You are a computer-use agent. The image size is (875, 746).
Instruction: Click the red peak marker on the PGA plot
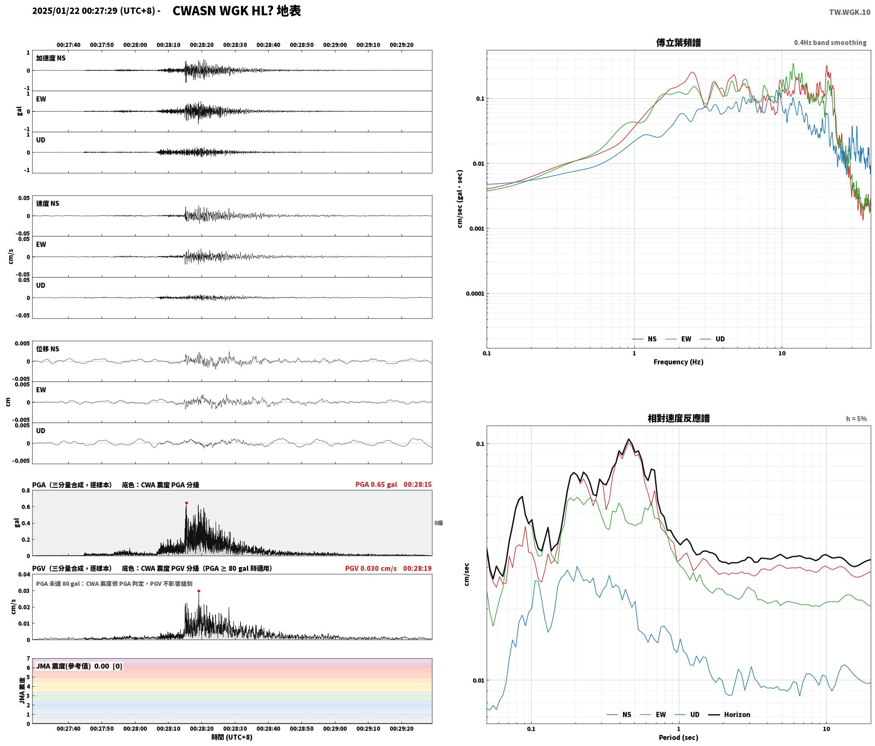[186, 503]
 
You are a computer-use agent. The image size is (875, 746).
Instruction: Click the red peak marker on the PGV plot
[199, 591]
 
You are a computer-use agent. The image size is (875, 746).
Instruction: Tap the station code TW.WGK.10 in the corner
[850, 12]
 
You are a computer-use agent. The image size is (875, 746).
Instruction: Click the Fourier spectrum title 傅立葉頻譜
[678, 42]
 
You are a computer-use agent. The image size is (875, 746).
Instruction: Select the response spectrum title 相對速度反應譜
[678, 418]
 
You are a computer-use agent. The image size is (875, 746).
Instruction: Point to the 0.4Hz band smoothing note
[830, 42]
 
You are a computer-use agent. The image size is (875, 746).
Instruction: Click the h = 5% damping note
[856, 419]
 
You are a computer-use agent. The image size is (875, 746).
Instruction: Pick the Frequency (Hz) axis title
[678, 362]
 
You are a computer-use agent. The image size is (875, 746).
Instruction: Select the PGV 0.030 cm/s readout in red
[371, 568]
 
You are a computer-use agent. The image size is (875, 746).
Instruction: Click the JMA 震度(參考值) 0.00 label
[72, 666]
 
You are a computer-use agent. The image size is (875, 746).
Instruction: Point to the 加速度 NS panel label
[51, 58]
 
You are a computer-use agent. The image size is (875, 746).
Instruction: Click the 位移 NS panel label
[47, 349]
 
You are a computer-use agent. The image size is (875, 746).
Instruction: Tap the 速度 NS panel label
[47, 203]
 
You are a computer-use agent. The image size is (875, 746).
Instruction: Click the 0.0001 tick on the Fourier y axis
[475, 294]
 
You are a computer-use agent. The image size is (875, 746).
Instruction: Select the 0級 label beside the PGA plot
[438, 523]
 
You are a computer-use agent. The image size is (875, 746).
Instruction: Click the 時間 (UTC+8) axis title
[232, 737]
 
